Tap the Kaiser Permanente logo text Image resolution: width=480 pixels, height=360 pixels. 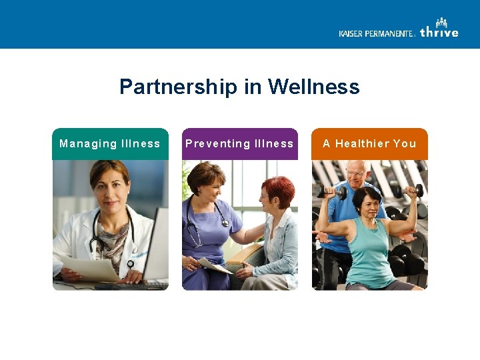(377, 33)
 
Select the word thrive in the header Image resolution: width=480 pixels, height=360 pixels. (439, 31)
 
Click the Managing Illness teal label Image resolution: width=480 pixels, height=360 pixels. (110, 144)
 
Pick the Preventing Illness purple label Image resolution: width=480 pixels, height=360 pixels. (239, 144)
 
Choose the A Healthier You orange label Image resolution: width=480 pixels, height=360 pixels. (369, 144)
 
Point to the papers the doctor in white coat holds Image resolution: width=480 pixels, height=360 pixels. (90, 267)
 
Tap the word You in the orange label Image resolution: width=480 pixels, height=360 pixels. (404, 144)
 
